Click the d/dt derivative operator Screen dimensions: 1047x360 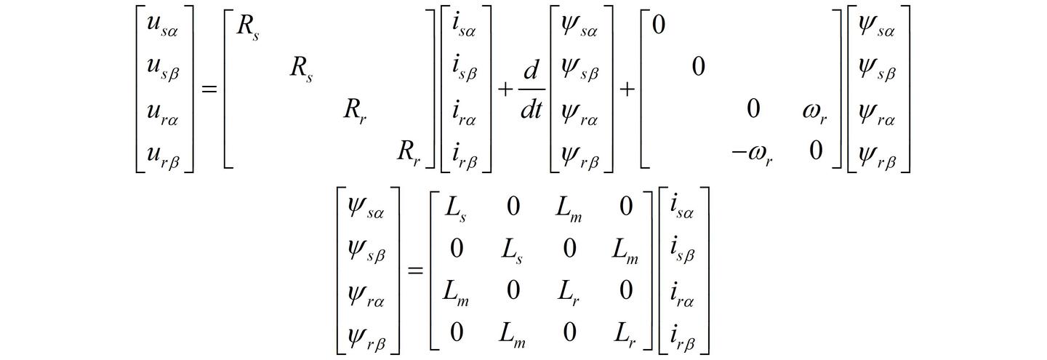(x=531, y=89)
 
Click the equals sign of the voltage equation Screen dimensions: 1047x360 (x=209, y=89)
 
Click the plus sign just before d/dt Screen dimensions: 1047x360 (x=505, y=89)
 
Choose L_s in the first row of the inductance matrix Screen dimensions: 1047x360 (x=456, y=209)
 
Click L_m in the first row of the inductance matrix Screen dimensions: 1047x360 (x=569, y=209)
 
